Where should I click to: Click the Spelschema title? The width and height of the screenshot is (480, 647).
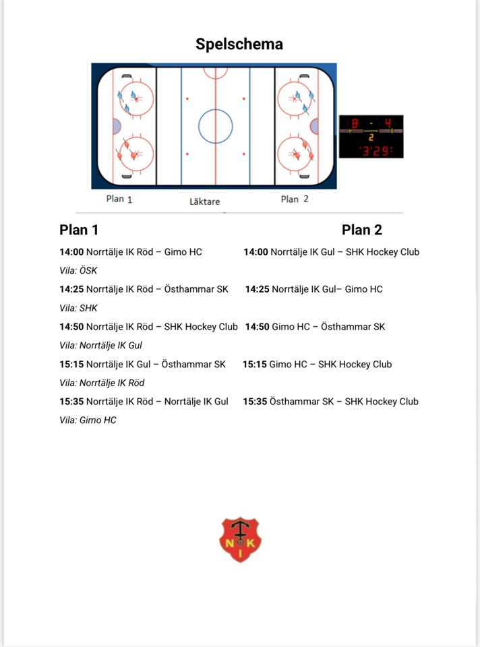[x=239, y=44]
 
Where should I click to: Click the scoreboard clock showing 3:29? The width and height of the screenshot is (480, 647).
[x=374, y=150]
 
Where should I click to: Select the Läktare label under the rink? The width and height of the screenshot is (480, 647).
[x=204, y=201]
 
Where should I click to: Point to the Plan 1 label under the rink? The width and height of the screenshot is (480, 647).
[x=119, y=199]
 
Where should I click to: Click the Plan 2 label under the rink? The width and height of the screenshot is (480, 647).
[x=295, y=199]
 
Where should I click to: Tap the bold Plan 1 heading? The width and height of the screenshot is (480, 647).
[x=79, y=230]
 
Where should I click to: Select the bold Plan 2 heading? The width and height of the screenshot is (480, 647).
[x=362, y=230]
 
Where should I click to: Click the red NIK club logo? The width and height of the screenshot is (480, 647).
[x=240, y=540]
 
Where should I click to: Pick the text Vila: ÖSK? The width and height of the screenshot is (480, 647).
[x=78, y=271]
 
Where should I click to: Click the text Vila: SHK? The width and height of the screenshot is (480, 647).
[x=78, y=308]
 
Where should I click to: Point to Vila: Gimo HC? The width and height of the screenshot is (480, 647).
[x=88, y=420]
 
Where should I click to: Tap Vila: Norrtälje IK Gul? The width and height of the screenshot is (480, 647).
[x=100, y=345]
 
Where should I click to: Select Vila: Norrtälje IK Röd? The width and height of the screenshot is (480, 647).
[x=102, y=383]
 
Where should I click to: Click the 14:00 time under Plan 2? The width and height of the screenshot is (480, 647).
[x=256, y=252]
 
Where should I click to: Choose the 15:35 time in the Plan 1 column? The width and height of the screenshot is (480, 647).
[x=71, y=401]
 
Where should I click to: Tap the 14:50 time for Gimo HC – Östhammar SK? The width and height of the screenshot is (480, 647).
[x=257, y=327]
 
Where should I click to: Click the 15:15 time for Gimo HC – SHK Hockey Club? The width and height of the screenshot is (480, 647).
[x=255, y=364]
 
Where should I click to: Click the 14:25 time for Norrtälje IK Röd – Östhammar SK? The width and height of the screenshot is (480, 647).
[x=71, y=289]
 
